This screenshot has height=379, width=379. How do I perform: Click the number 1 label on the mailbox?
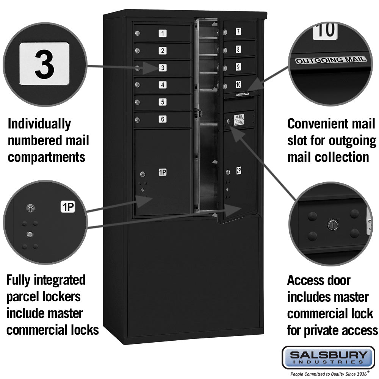163,34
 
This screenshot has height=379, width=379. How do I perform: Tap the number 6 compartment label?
163,119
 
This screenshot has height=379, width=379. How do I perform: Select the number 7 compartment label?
238,31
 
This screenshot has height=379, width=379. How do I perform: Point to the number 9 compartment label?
238,67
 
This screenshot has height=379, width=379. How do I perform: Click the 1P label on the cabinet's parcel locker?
163,173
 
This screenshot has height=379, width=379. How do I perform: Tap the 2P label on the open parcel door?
239,171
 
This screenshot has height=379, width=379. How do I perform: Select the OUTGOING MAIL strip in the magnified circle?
331,60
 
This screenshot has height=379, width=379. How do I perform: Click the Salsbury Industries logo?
328,357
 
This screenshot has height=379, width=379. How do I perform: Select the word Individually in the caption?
39,124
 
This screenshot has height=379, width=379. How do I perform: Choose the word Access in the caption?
305,281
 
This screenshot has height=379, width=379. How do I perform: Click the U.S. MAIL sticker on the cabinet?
239,120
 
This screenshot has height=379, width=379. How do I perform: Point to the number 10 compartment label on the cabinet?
238,84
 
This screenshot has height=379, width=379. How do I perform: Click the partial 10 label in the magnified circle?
325,30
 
